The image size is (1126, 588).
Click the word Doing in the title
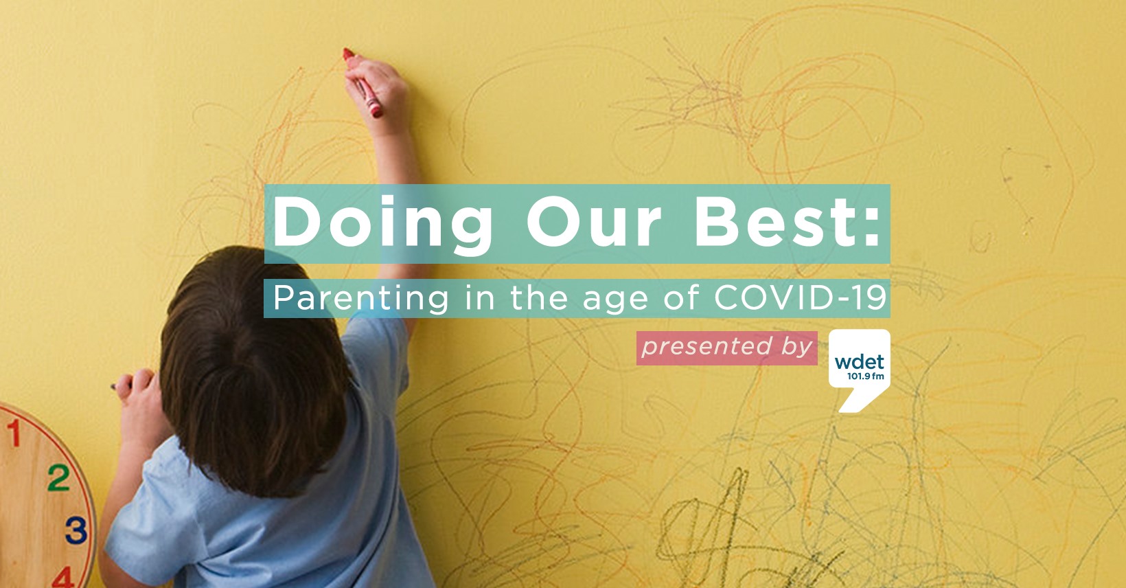pyautogui.click(x=382, y=225)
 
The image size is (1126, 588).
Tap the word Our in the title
pyautogui.click(x=593, y=222)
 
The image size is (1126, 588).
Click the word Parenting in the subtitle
pyautogui.click(x=361, y=299)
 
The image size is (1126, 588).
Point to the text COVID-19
pyautogui.click(x=800, y=297)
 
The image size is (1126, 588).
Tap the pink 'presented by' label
pyautogui.click(x=727, y=348)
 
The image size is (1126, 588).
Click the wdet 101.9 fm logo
pyautogui.click(x=859, y=370)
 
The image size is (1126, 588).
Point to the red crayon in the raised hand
pyautogui.click(x=363, y=83)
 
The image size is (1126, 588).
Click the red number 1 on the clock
pyautogui.click(x=14, y=433)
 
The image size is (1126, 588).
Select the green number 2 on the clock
pyautogui.click(x=59, y=477)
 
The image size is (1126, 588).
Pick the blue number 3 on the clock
pyautogui.click(x=76, y=530)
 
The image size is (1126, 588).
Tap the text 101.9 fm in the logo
pyautogui.click(x=866, y=376)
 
